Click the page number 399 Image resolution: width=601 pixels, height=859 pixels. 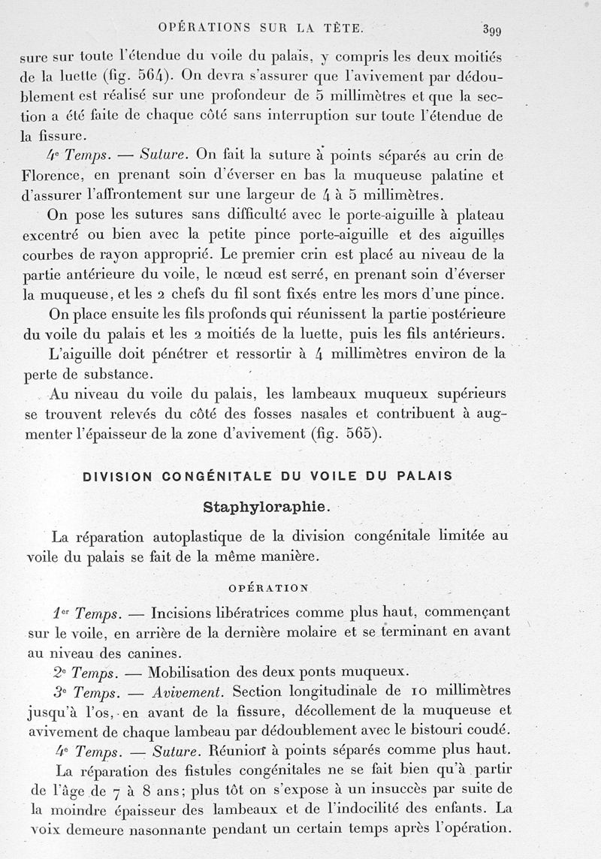pos(494,30)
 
